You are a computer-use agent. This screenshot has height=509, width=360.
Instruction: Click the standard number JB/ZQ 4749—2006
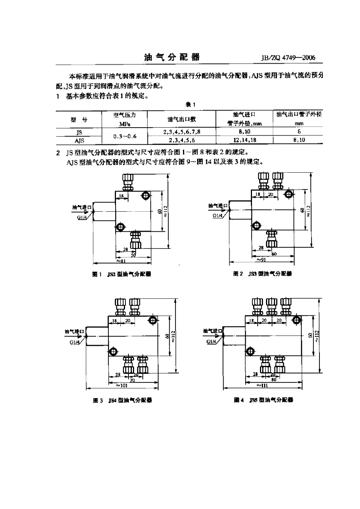click(288, 58)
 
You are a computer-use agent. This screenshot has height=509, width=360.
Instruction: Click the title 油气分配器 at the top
click(172, 58)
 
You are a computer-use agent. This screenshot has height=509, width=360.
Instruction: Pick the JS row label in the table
click(79, 132)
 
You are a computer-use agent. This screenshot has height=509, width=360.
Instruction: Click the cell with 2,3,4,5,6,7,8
click(182, 132)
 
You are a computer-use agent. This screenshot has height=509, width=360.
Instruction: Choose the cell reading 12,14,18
click(244, 140)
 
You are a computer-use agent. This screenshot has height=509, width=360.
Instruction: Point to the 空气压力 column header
click(125, 115)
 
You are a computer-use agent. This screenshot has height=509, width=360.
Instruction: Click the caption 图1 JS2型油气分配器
click(122, 274)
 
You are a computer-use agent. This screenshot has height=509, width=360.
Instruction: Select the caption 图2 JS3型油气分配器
click(262, 273)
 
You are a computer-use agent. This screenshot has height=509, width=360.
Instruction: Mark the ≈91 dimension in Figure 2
click(261, 259)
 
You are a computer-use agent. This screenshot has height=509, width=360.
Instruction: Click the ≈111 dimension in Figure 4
click(262, 385)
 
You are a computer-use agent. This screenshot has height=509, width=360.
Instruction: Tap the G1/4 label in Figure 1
click(82, 217)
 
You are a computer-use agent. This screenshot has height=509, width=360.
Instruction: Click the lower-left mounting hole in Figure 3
click(113, 351)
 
